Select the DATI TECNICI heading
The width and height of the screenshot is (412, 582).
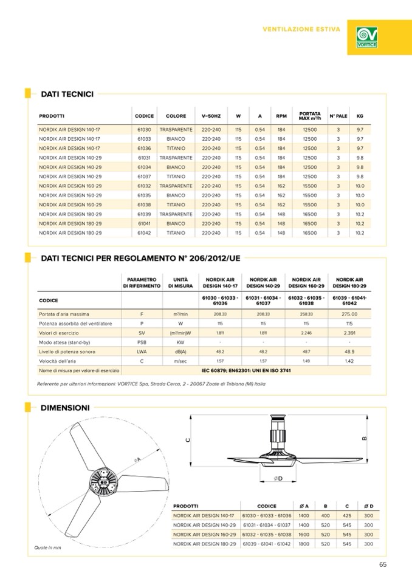[67, 94]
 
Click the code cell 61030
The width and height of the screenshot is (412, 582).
[144, 130]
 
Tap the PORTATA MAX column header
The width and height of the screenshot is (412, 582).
[310, 115]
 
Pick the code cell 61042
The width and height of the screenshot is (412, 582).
[144, 232]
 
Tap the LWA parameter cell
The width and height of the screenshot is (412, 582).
[141, 351]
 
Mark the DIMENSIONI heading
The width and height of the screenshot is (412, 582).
[65, 408]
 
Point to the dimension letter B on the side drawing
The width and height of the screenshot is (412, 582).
[363, 438]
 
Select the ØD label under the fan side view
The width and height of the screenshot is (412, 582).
[279, 479]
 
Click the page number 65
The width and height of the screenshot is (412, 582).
[382, 564]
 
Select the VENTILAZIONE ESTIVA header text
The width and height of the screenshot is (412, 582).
[301, 29]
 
